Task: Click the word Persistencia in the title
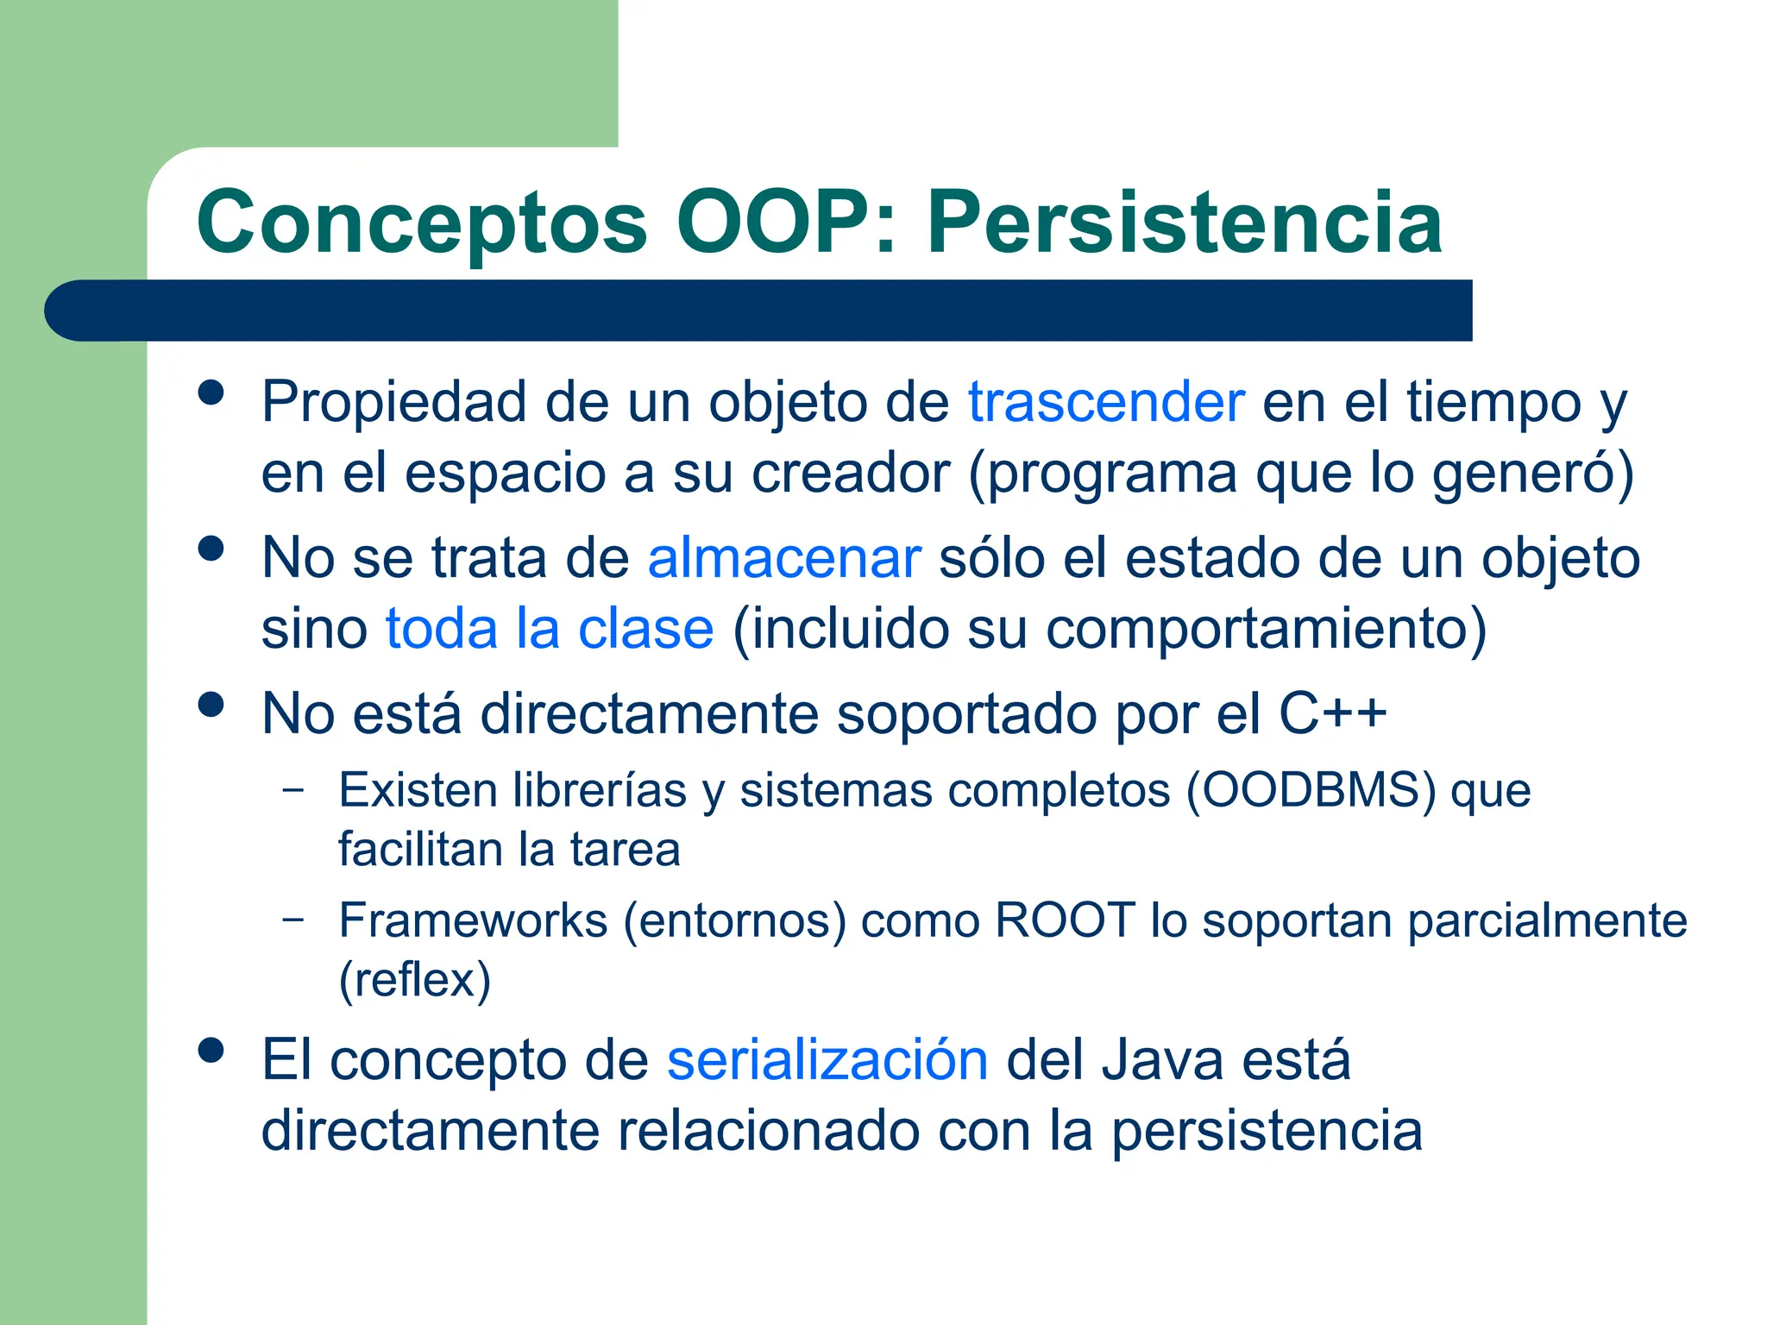pos(1184,223)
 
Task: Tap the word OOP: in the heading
pos(785,223)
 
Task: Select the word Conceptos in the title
pos(422,223)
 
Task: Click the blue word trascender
pos(1105,402)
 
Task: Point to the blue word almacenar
pos(783,558)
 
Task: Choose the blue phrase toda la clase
pos(550,628)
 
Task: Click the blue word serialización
pos(827,1060)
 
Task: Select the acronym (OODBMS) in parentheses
pos(1311,790)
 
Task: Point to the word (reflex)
pos(414,980)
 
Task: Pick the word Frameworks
pos(473,920)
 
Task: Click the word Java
pos(1161,1060)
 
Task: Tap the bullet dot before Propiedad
pos(211,393)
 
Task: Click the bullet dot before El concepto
pos(211,1051)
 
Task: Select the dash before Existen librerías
pos(293,789)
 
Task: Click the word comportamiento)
pos(1266,628)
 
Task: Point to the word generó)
pos(1532,473)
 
